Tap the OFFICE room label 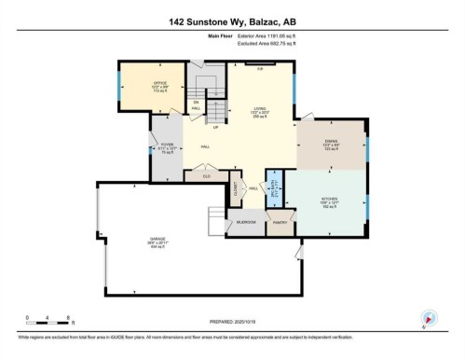coord(159,88)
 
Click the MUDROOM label coord(245,222)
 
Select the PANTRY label coord(278,223)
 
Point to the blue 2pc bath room coord(274,189)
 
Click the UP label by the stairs coord(214,127)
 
